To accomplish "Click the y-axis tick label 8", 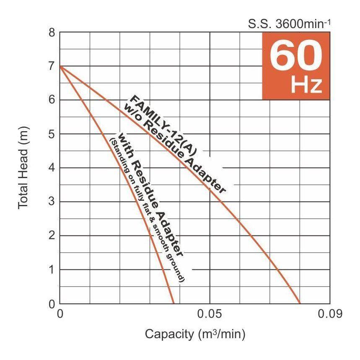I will point(52,32).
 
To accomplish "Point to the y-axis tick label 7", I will point(52,66).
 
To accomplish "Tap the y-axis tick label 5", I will point(52,134).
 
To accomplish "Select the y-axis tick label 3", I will point(52,202).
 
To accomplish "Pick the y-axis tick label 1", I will point(52,270).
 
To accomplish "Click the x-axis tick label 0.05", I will point(210,314).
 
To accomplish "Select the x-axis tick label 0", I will point(60,314).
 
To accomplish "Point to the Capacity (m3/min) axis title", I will point(195,334).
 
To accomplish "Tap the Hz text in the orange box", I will point(306,85).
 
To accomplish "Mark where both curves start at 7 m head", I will point(60,66).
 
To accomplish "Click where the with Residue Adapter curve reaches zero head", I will point(174,303).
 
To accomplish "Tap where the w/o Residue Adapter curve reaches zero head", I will point(300,303).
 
